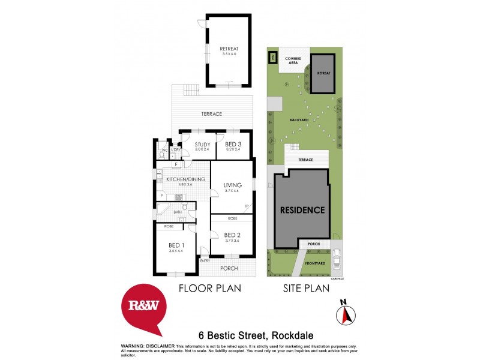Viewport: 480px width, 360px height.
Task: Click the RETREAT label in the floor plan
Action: (229, 49)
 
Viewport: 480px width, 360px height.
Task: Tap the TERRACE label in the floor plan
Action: (212, 114)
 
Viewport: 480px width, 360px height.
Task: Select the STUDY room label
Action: (202, 145)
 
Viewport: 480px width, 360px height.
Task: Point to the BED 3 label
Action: (233, 145)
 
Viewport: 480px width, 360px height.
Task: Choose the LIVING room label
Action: (232, 185)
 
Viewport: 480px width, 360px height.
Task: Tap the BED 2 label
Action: (232, 235)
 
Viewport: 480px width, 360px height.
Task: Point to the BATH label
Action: (178, 212)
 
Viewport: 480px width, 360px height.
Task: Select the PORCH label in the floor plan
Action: (229, 268)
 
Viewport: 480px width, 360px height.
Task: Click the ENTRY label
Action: (205, 260)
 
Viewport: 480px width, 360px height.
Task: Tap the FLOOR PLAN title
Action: (210, 289)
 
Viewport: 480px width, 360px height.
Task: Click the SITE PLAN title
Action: (306, 289)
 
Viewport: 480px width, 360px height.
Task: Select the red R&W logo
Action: (144, 307)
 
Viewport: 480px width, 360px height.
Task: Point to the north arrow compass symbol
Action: (346, 313)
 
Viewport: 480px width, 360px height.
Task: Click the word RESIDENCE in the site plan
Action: (302, 210)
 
